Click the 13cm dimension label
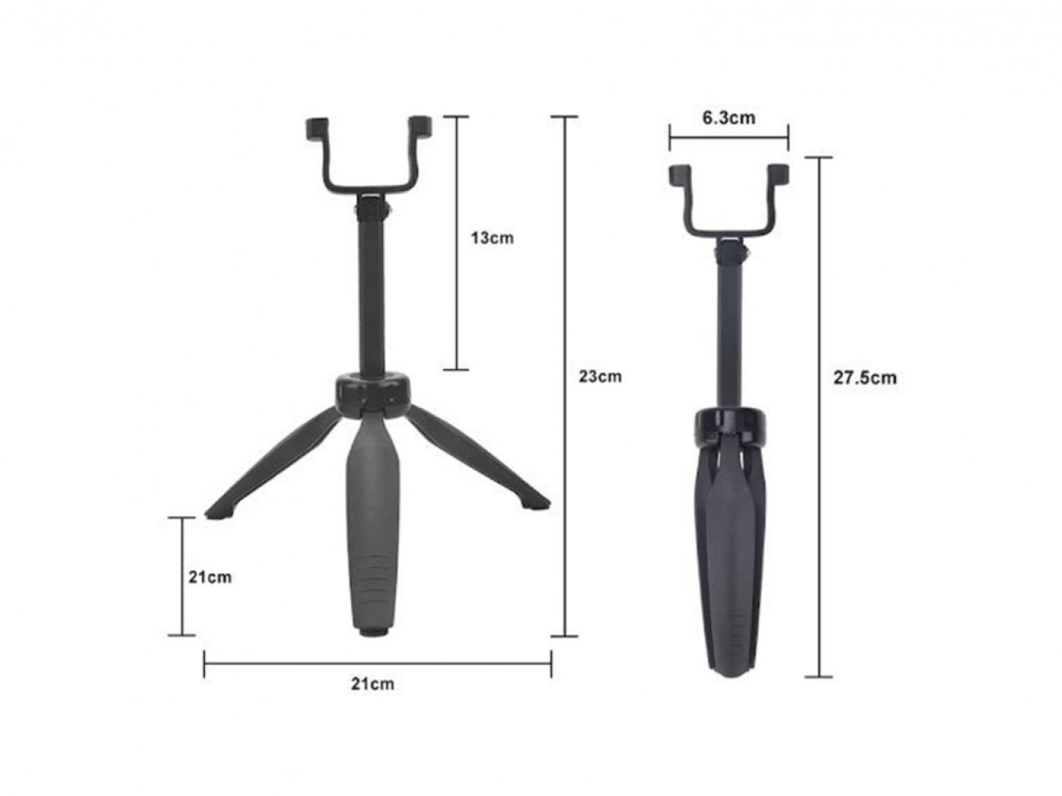point(492,238)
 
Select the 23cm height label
point(600,376)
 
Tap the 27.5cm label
point(865,378)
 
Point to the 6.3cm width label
point(728,118)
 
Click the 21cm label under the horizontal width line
point(372,684)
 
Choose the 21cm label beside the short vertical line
point(210,577)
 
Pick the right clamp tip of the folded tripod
point(778,174)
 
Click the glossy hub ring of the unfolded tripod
point(370,392)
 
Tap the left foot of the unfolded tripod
point(219,511)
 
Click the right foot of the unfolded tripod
point(536,503)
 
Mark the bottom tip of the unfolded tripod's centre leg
point(372,629)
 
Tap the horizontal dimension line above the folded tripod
point(728,139)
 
